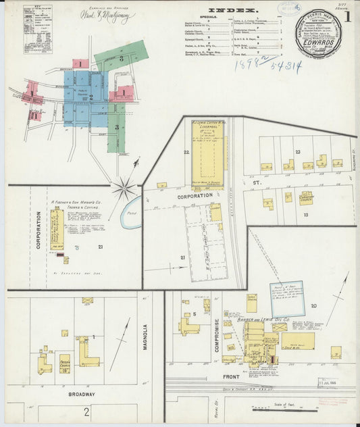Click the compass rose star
124,188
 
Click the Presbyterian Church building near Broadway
65,363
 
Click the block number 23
297,152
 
